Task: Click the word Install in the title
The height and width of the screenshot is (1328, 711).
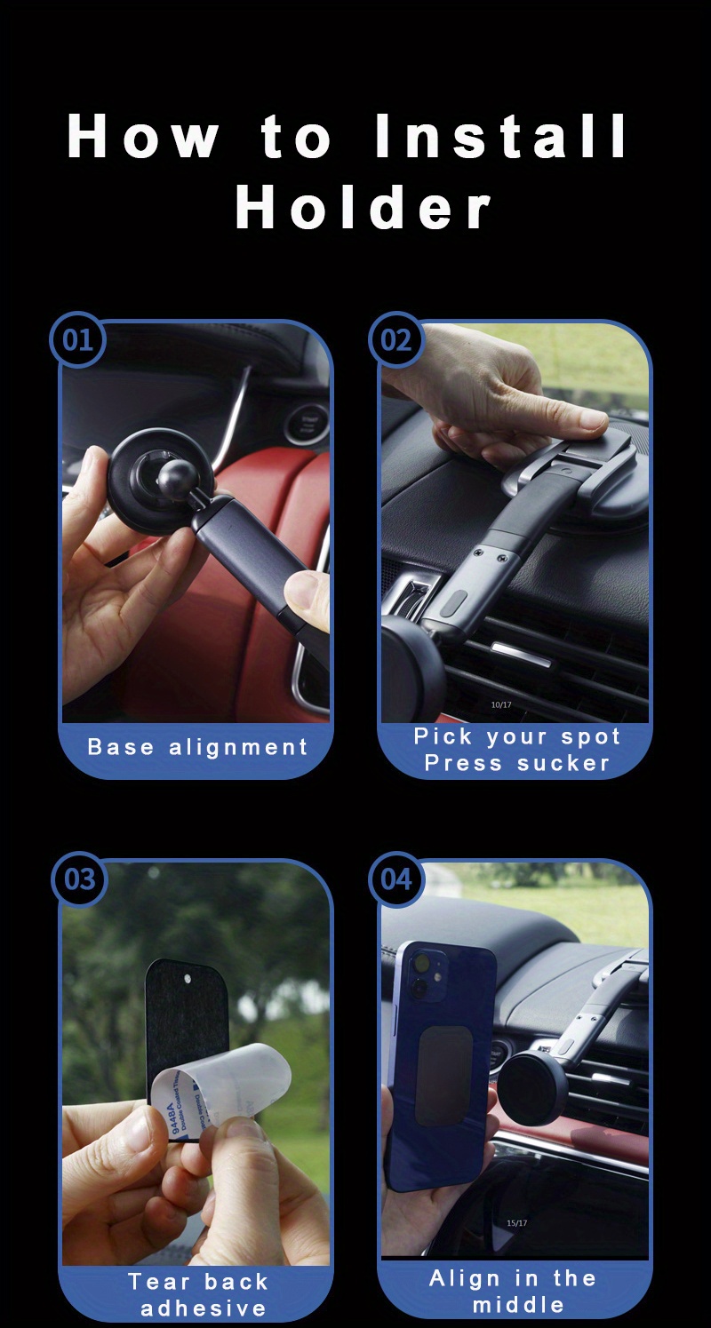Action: pyautogui.click(x=500, y=138)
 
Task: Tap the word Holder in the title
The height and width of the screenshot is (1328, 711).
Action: pyautogui.click(x=363, y=208)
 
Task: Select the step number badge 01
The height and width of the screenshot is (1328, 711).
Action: pyautogui.click(x=78, y=340)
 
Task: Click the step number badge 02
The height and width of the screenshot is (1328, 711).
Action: pyautogui.click(x=396, y=340)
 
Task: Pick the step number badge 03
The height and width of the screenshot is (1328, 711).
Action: pyautogui.click(x=79, y=879)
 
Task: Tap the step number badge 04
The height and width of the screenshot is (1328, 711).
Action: pyautogui.click(x=396, y=879)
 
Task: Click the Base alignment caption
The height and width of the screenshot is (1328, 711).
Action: pyautogui.click(x=197, y=747)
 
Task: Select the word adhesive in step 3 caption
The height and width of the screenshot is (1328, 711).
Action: pyautogui.click(x=204, y=1308)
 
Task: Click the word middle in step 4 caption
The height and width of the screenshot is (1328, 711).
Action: pyautogui.click(x=518, y=1304)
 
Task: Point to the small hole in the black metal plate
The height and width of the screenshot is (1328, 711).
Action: pyautogui.click(x=188, y=979)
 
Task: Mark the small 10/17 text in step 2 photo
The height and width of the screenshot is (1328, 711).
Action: pyautogui.click(x=501, y=704)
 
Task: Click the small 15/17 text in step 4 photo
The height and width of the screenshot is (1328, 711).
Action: pyautogui.click(x=517, y=1223)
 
